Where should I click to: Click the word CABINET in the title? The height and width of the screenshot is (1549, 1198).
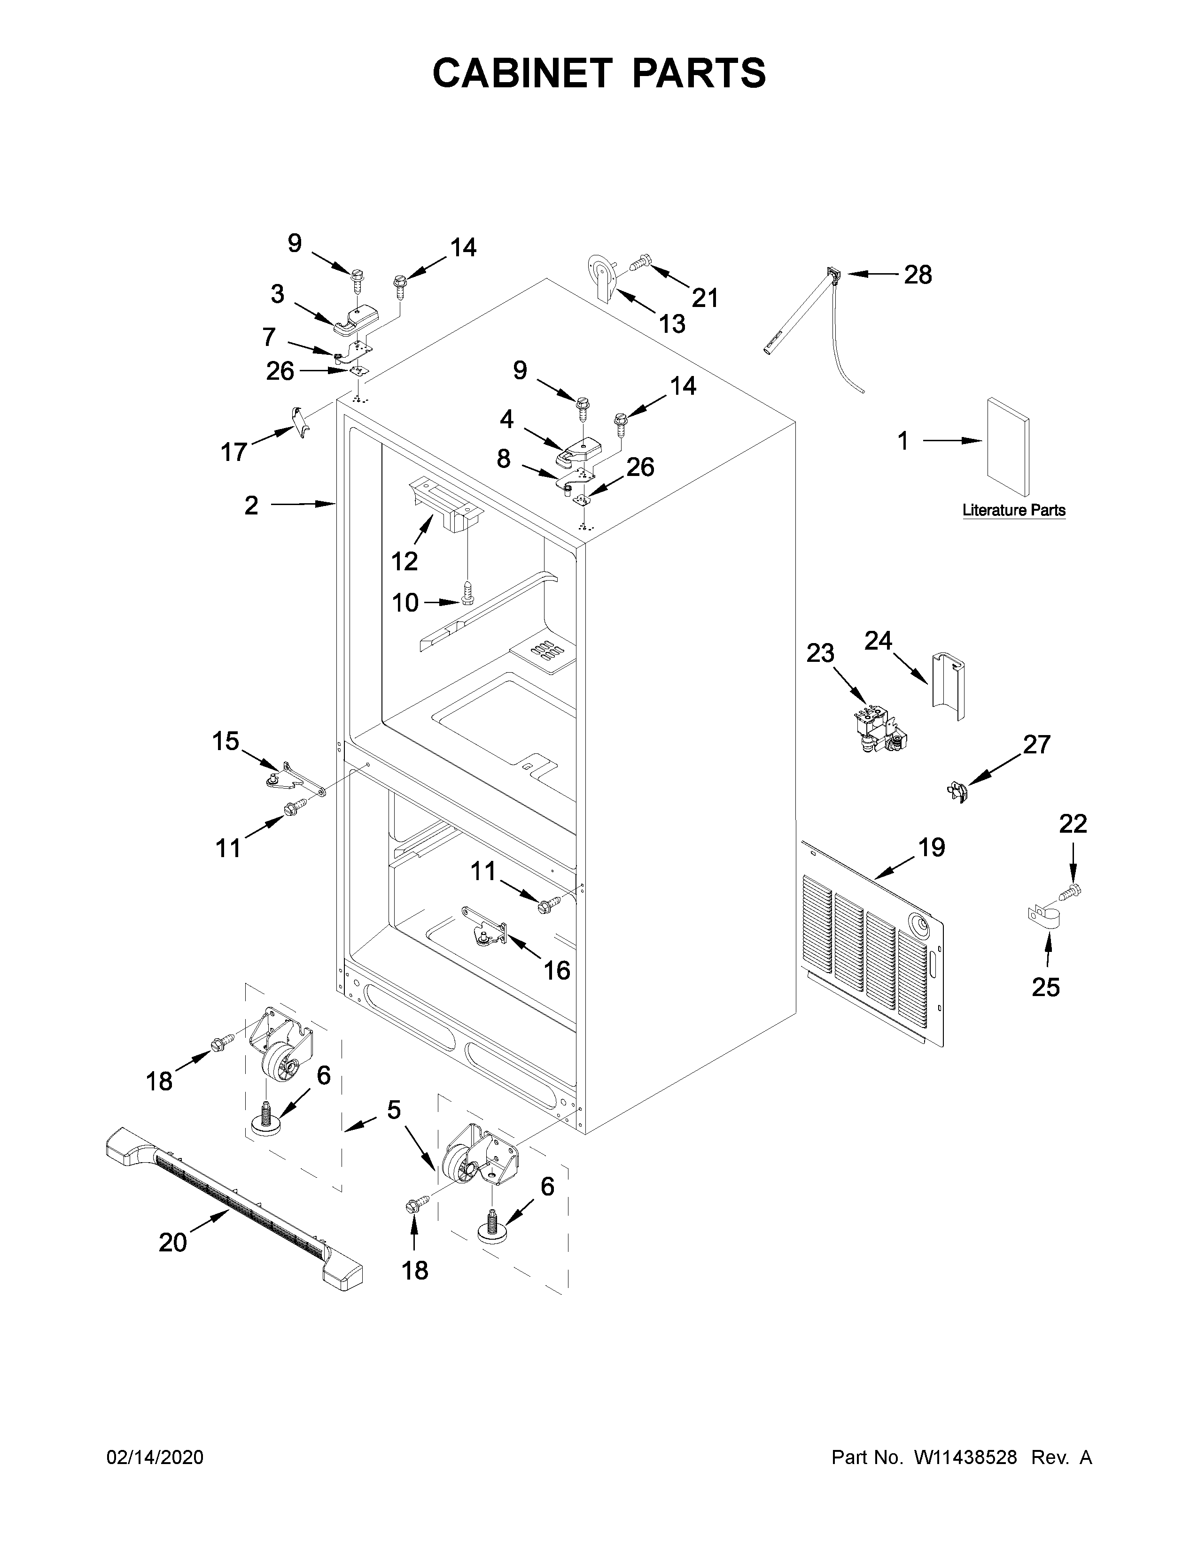[521, 74]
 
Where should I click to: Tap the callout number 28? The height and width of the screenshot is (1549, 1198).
[917, 275]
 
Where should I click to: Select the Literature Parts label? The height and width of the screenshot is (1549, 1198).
[1013, 510]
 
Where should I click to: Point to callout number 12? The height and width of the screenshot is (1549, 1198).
[405, 561]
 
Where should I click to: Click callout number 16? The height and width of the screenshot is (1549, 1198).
[557, 970]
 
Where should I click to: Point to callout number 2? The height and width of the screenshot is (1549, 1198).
[251, 506]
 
